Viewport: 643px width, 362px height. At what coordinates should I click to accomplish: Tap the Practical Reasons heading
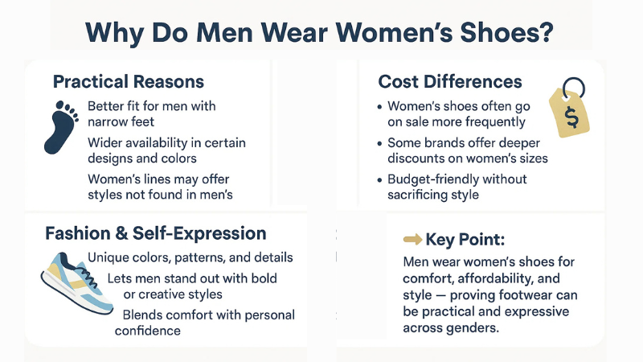[128, 82]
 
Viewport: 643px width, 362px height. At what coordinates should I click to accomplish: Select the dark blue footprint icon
[63, 126]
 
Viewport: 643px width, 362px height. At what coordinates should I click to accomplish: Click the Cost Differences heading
[450, 82]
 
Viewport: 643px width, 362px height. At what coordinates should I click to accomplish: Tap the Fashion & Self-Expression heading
[156, 234]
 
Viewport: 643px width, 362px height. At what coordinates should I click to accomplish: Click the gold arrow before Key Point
[412, 239]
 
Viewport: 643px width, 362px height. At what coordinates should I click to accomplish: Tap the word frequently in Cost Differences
[493, 122]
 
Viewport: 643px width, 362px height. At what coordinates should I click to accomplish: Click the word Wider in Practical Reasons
[105, 142]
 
